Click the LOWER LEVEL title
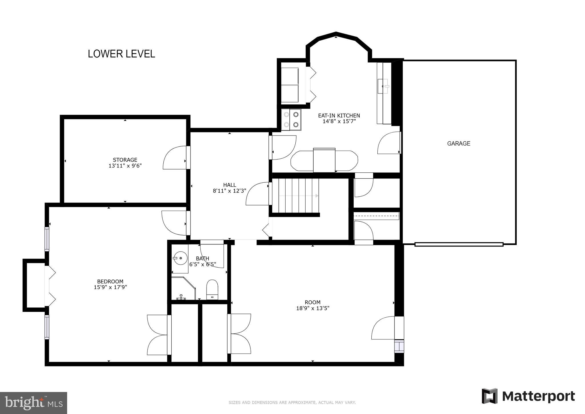[121, 54]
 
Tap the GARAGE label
[458, 144]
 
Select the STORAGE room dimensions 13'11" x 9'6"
[125, 166]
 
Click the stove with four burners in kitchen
[291, 120]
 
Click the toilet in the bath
[212, 289]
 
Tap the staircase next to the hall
[296, 196]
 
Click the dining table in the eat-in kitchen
[324, 160]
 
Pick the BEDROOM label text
[110, 282]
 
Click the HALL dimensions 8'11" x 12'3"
[229, 191]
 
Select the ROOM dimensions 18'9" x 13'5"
[313, 308]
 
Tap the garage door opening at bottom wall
[459, 244]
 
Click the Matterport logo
[528, 396]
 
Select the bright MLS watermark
[33, 403]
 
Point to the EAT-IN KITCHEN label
[339, 116]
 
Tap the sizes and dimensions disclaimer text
[292, 403]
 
